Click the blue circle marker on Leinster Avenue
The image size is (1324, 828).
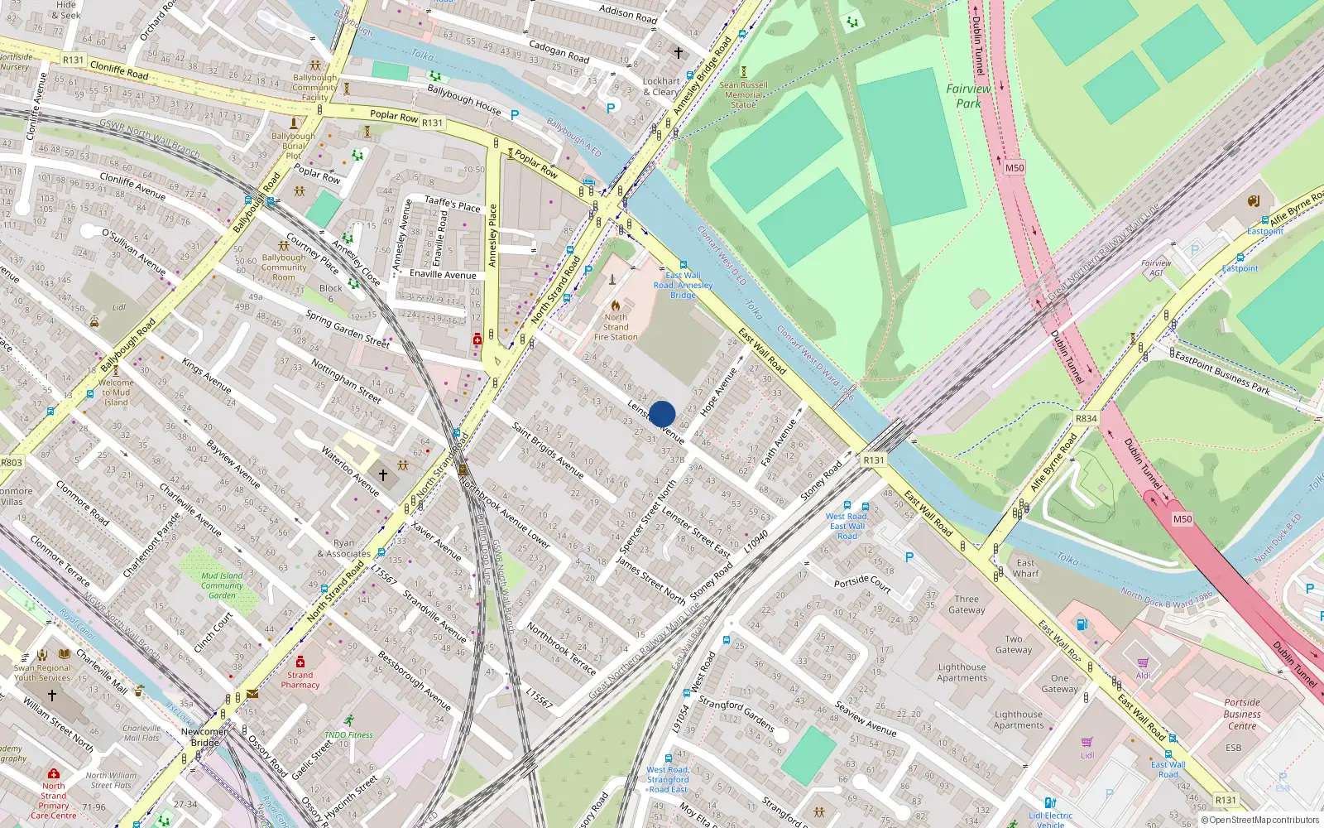[662, 414]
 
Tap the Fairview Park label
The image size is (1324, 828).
[968, 96]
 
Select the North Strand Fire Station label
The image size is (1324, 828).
[616, 327]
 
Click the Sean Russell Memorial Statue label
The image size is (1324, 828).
[743, 94]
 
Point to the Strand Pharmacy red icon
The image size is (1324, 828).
[300, 662]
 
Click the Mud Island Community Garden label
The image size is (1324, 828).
[222, 585]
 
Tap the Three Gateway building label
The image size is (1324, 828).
[967, 604]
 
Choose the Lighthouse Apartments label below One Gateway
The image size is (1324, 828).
[1019, 720]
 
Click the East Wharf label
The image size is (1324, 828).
[1025, 568]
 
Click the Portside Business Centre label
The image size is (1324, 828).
[1242, 714]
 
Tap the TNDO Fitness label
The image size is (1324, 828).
[348, 734]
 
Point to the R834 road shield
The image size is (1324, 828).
[1087, 418]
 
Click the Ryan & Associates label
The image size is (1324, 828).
[343, 549]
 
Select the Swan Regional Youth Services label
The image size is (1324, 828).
[42, 672]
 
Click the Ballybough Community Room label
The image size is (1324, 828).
[284, 267]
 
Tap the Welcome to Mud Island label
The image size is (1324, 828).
[116, 392]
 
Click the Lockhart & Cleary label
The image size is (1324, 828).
[661, 86]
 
